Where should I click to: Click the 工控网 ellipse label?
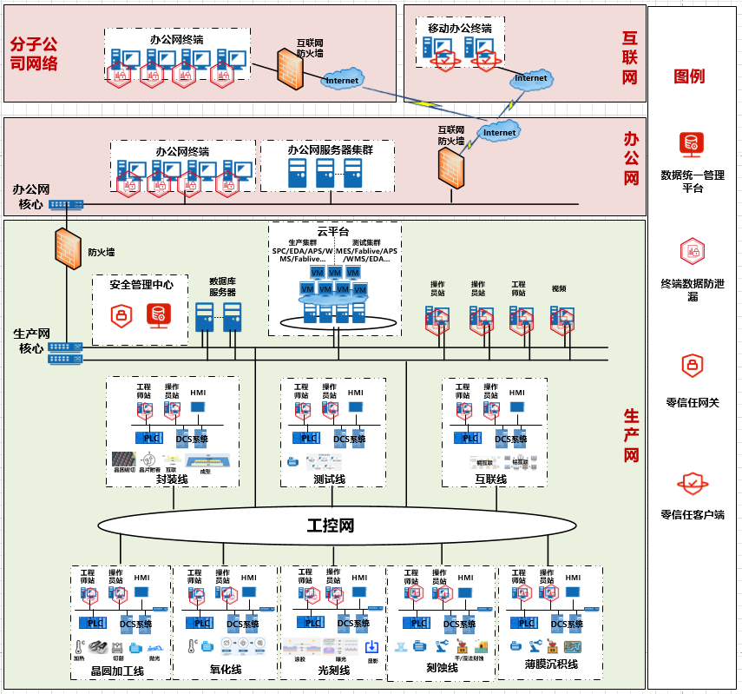(331, 525)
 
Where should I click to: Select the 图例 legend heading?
(690, 76)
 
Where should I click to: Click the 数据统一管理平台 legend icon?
(692, 142)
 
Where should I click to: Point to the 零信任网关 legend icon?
(692, 366)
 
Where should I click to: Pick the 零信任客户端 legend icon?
(692, 482)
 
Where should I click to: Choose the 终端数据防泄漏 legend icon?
(692, 251)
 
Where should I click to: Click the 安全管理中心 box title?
(141, 284)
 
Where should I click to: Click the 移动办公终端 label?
(460, 29)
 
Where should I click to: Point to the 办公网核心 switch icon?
(66, 205)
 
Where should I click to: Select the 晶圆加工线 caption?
(117, 671)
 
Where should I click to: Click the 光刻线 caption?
(333, 671)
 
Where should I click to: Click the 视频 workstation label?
(559, 288)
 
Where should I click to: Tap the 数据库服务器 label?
(222, 287)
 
